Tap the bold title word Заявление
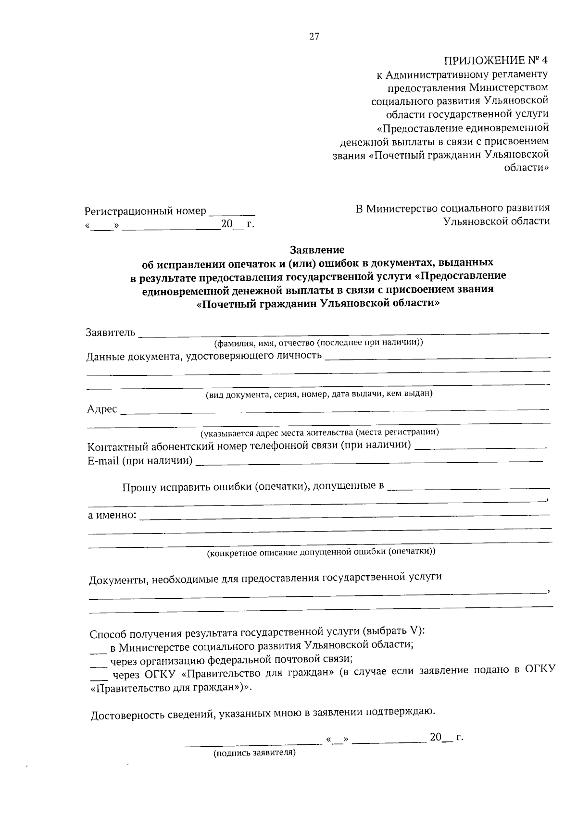[317, 250]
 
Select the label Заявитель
[111, 333]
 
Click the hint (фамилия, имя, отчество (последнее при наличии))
[318, 343]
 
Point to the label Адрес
[102, 409]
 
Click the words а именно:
[112, 515]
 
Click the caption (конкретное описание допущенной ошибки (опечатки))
[321, 552]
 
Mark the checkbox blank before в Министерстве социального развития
[98, 650]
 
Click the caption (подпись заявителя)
[254, 753]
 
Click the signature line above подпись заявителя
[254, 744]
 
